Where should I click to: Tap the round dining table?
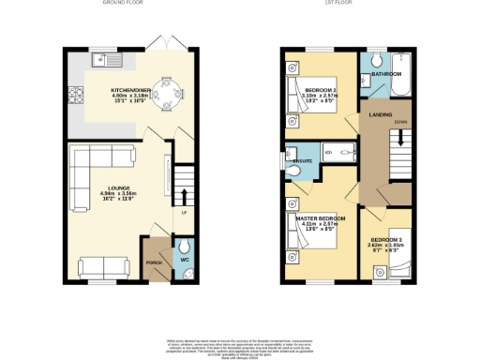pyautogui.click(x=170, y=93)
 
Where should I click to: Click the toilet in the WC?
pyautogui.click(x=183, y=251)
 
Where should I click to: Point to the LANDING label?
pyautogui.click(x=380, y=115)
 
